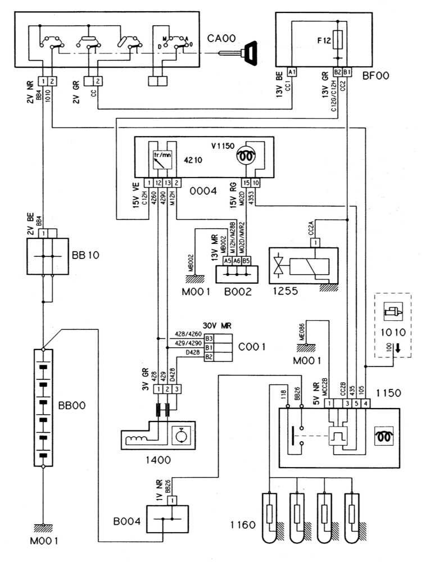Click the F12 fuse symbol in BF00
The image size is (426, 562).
click(338, 40)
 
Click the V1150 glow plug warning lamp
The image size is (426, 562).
click(245, 158)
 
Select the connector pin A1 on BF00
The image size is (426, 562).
click(291, 72)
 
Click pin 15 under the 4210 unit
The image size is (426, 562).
click(246, 183)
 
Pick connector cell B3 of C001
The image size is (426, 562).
click(209, 339)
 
